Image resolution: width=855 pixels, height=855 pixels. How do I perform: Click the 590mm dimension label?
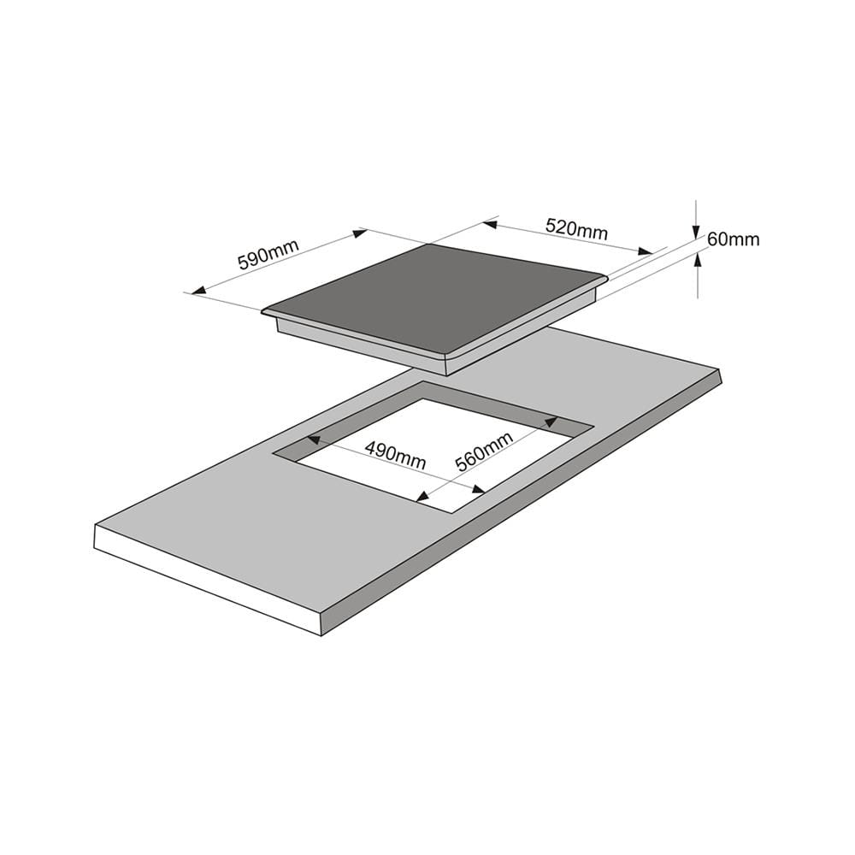[268, 254]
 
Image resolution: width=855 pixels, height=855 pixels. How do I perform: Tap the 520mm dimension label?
[576, 228]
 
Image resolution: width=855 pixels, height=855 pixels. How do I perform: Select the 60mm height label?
[733, 239]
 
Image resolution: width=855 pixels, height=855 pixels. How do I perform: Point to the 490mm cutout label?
[395, 456]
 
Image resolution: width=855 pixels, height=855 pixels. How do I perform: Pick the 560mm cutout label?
[484, 451]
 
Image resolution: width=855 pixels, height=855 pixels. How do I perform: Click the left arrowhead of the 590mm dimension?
[198, 290]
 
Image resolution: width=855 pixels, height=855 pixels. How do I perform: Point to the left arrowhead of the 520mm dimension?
[489, 224]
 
